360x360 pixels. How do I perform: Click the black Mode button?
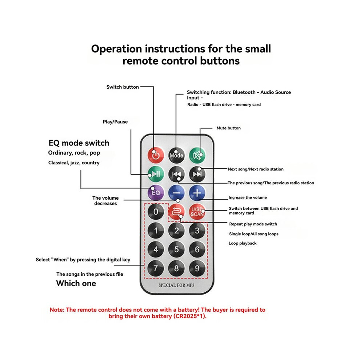(176, 155)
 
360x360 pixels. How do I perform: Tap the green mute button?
(197, 155)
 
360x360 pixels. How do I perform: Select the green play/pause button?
(156, 174)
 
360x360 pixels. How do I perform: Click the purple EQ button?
(156, 193)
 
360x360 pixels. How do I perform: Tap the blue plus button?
(197, 193)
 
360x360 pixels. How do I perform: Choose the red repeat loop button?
(176, 212)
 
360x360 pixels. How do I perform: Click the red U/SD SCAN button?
(197, 212)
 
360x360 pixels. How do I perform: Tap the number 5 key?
(176, 249)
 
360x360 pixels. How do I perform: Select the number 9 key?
(197, 268)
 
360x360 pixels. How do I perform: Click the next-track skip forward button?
(197, 174)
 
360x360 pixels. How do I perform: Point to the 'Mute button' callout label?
(229, 128)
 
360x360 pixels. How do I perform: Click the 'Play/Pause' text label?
(115, 122)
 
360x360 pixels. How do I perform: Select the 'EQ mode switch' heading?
(79, 143)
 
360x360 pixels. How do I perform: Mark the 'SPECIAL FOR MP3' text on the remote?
(176, 285)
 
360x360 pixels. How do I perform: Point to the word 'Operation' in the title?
(116, 49)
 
